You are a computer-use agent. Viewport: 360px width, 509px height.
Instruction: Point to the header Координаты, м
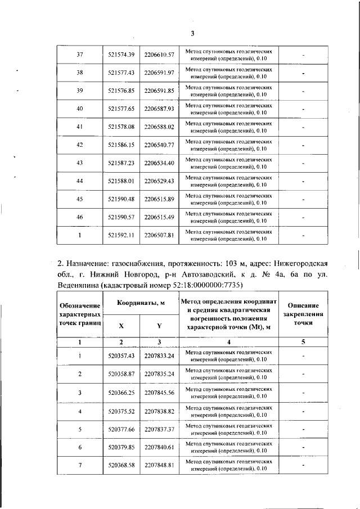(x=140, y=303)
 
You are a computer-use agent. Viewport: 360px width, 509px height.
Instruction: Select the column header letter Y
(x=159, y=325)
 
